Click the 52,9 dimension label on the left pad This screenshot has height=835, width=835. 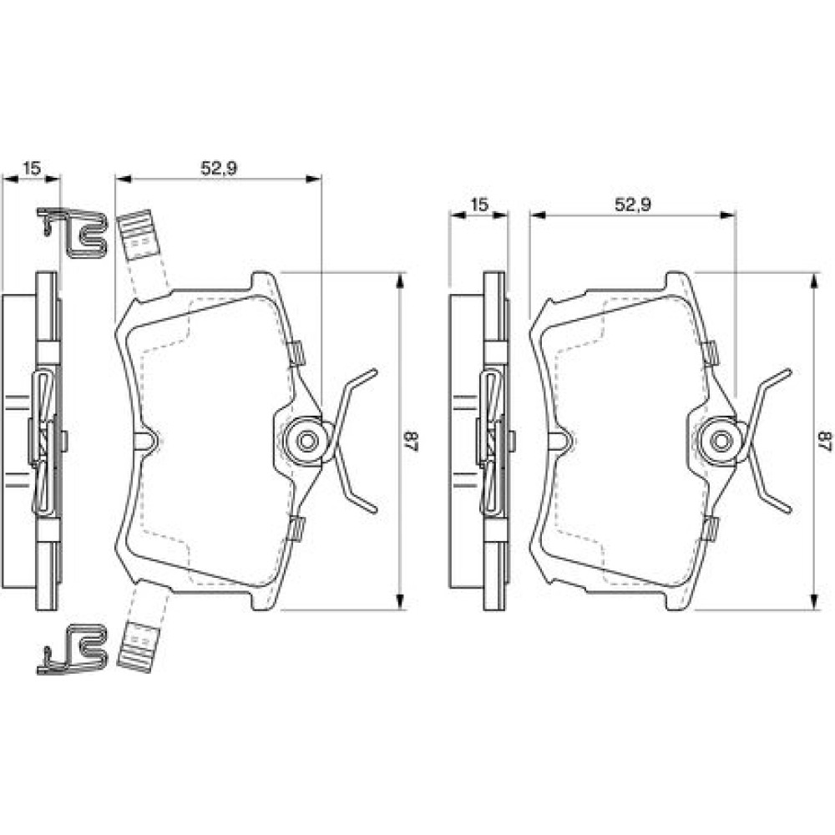219,168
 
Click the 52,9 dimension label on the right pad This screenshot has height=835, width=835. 633,204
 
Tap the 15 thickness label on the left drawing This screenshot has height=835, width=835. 32,169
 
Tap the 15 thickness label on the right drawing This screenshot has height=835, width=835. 478,205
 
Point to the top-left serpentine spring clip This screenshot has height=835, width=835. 71,232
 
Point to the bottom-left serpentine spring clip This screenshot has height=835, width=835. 71,650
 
